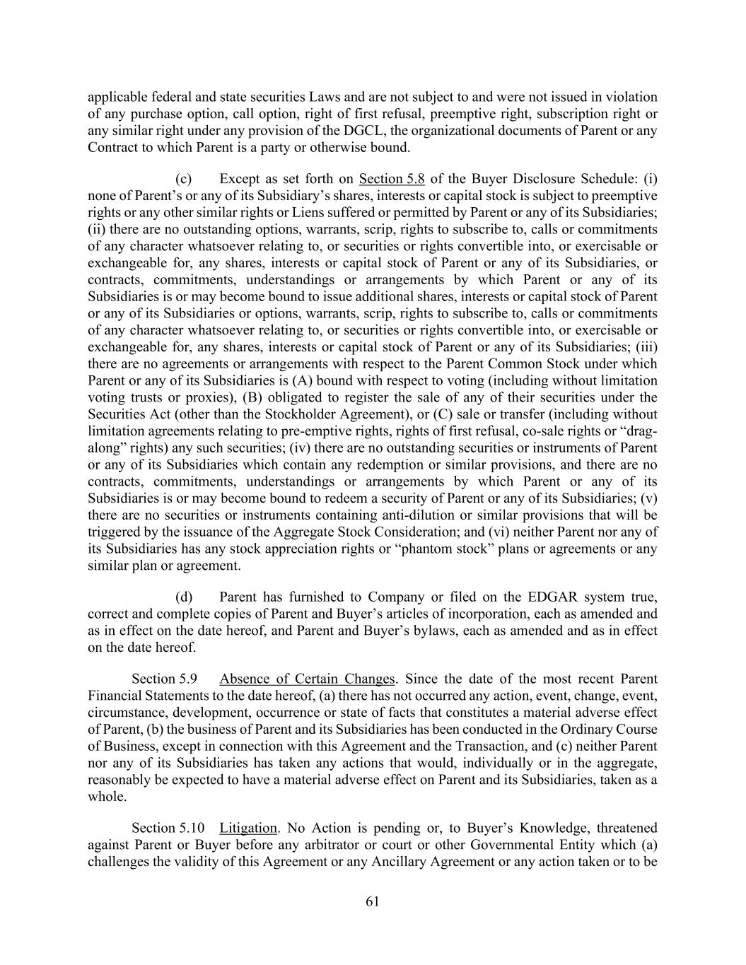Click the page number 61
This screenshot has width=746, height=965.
point(373,901)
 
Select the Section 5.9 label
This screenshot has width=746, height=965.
point(164,679)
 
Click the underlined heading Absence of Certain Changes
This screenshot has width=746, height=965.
point(307,679)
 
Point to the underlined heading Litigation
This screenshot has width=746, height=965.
point(247,827)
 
